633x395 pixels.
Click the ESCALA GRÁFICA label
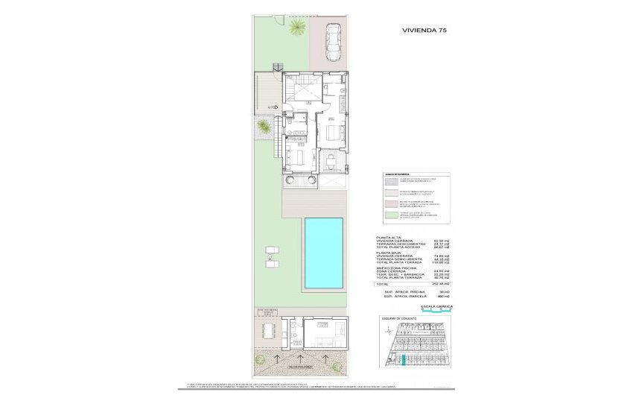tap(436, 306)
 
